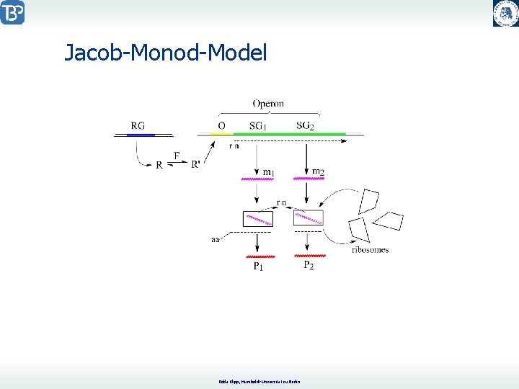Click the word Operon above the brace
(x=268, y=104)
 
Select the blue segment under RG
(x=141, y=135)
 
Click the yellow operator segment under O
(x=221, y=134)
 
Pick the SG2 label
(x=306, y=126)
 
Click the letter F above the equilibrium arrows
(x=177, y=155)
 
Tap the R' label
(x=196, y=164)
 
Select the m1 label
(x=268, y=171)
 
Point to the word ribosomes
(x=370, y=250)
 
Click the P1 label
(x=257, y=267)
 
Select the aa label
(x=215, y=239)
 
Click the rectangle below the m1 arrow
(x=258, y=219)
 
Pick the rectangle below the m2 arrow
(x=308, y=217)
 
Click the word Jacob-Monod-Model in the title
(x=166, y=53)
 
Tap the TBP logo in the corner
(x=12, y=12)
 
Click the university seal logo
(x=505, y=13)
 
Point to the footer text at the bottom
(x=259, y=380)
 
